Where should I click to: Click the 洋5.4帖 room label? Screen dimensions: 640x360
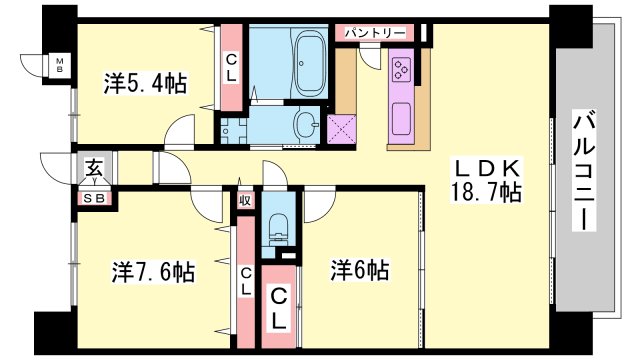click(145, 83)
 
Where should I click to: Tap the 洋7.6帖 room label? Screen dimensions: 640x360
click(153, 271)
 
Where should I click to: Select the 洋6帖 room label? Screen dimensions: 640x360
click(360, 270)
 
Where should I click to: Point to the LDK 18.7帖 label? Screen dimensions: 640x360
click(486, 180)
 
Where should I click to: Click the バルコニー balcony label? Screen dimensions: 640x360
click(584, 170)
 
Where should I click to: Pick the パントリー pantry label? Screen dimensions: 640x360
click(375, 32)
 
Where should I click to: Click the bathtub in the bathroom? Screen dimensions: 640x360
click(311, 65)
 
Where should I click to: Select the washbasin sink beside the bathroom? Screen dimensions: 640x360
click(306, 124)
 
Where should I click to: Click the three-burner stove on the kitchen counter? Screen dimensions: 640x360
click(400, 70)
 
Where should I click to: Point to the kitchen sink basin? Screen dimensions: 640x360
click(401, 118)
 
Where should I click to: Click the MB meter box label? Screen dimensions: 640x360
click(60, 65)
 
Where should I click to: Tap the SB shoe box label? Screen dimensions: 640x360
click(95, 199)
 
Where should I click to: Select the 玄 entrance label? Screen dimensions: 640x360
click(94, 168)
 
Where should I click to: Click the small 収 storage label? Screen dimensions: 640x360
click(245, 200)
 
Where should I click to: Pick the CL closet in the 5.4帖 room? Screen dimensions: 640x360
click(231, 68)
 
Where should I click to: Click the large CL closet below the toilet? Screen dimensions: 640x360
click(278, 307)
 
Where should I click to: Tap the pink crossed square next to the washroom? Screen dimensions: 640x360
click(341, 129)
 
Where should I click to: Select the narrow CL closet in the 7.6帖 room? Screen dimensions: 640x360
click(246, 282)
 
